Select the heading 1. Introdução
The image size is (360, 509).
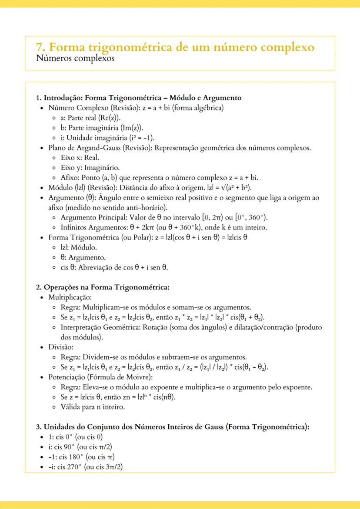(x=65, y=98)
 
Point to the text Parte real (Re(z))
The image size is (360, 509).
(x=92, y=118)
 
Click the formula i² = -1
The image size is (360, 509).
(x=152, y=138)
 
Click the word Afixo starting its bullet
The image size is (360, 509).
(x=70, y=177)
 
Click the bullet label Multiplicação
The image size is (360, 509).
(x=70, y=297)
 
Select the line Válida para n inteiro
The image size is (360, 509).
(x=93, y=407)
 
